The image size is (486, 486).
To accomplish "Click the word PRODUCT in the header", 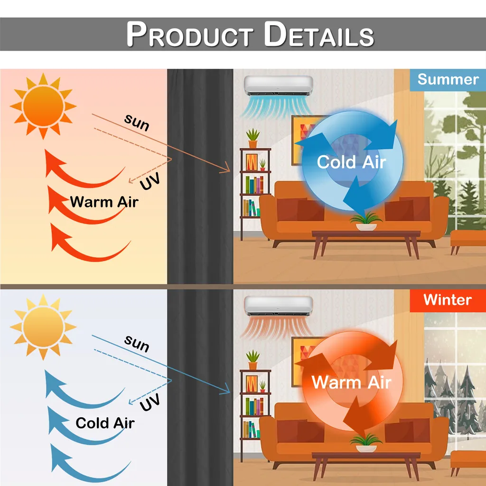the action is point(190,34).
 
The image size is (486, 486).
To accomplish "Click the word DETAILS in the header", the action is point(319,34).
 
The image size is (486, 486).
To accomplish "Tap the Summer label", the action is point(448,79).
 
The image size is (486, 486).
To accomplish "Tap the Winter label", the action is point(448,300).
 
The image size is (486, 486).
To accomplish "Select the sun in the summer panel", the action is point(43,106).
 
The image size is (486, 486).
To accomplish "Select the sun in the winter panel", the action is point(43,327).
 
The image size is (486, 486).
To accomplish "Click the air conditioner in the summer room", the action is point(278,85).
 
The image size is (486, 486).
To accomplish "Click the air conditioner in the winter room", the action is point(278,306).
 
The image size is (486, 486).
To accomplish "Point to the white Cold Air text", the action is point(352,162).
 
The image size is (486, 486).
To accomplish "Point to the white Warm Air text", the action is point(351,382).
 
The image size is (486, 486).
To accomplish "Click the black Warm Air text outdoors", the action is point(104,202).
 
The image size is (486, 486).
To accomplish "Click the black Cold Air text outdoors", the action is point(105,423).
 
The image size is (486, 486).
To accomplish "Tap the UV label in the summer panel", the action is point(150,181).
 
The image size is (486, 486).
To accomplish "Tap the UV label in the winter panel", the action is point(150,402).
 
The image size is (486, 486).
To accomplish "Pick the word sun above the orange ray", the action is point(137,122).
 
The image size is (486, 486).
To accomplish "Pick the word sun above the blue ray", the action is point(137,344).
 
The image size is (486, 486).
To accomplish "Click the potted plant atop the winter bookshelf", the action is point(253,360).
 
